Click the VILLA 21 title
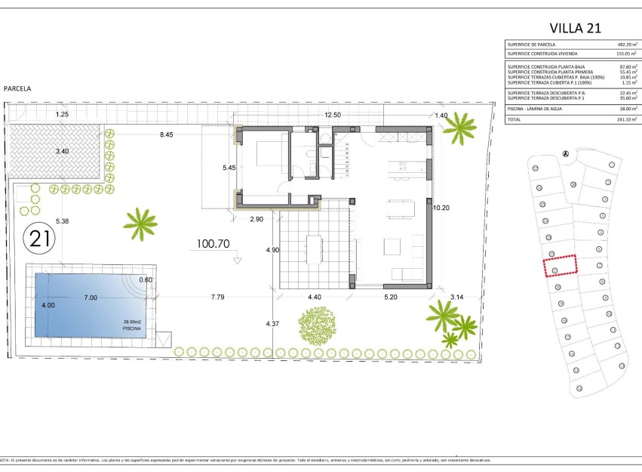[x=575, y=28]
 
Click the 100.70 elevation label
[x=212, y=245]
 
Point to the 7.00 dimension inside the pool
[x=91, y=298]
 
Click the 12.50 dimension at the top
[x=333, y=115]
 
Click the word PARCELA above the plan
[x=17, y=88]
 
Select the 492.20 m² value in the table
[x=627, y=45]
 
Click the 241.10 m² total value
[x=627, y=119]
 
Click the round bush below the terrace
[x=315, y=325]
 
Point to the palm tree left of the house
[x=140, y=223]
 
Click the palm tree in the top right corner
[x=459, y=128]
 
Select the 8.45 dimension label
[x=166, y=135]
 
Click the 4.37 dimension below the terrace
[x=272, y=324]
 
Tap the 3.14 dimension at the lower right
[x=457, y=297]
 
